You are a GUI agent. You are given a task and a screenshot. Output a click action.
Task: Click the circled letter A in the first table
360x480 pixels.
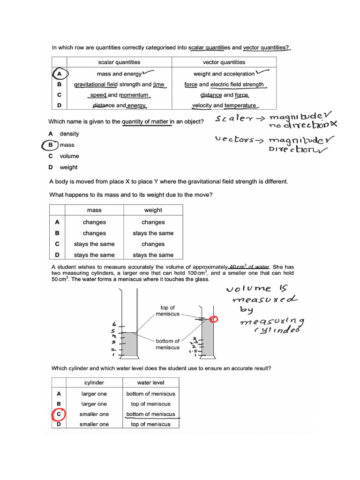(x=59, y=74)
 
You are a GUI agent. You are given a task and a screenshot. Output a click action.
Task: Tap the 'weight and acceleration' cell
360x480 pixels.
(x=224, y=74)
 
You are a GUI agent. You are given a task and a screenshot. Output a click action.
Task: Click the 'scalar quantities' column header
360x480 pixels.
(x=119, y=62)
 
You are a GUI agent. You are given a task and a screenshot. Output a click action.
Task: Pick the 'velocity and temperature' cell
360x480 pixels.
(x=224, y=105)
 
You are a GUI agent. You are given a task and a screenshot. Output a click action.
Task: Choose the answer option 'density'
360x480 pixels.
(x=69, y=134)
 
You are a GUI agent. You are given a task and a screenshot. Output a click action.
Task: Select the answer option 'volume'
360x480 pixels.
(x=69, y=156)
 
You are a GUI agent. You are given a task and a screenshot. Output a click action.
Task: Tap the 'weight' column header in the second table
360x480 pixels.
(x=153, y=210)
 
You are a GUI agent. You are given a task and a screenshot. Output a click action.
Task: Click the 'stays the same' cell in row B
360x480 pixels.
(x=153, y=233)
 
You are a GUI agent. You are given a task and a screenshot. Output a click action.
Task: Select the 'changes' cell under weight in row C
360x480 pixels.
(x=153, y=244)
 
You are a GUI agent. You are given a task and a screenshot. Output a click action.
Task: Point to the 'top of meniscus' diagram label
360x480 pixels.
(x=167, y=311)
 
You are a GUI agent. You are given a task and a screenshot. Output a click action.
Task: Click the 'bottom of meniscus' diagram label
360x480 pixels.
(x=167, y=344)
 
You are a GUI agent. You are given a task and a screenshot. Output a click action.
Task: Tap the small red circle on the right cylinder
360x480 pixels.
(x=214, y=319)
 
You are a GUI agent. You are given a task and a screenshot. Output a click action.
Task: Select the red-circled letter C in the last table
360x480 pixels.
(x=59, y=414)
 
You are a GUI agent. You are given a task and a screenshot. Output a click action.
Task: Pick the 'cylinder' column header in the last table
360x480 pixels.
(x=94, y=382)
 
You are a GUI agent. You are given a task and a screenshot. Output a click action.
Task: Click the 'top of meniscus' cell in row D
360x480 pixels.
(x=150, y=424)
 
